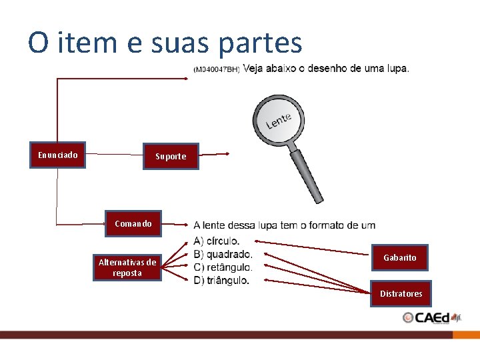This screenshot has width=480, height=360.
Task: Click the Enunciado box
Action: pos(57,155)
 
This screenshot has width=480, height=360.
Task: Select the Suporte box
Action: pos(171,157)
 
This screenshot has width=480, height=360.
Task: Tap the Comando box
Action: pos(133,224)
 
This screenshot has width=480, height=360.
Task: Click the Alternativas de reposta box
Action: pos(127,267)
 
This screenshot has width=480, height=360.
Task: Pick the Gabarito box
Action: pos(399,257)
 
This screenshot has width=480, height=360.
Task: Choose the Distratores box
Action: pos(401,293)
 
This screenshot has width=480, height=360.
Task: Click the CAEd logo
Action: pos(431,318)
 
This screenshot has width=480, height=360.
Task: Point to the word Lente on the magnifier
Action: pos(279,121)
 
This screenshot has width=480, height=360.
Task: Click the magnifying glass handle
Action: pos(307,175)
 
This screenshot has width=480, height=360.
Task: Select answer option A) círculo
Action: pos(217,241)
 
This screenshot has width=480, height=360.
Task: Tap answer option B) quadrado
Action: pos(223,254)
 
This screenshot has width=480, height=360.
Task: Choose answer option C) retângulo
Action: pos(223,267)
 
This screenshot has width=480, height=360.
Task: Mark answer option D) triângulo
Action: pos(221,281)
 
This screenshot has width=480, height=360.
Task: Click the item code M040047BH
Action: pos(216,69)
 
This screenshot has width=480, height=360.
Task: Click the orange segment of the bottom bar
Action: pos(466,335)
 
